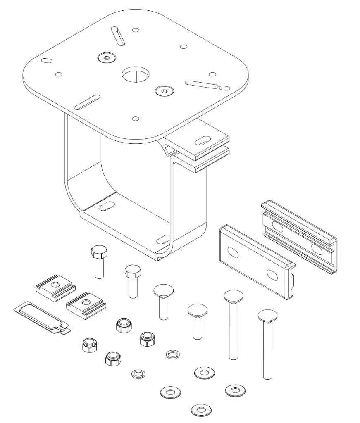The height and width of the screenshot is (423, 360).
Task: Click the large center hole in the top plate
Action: coord(136,75)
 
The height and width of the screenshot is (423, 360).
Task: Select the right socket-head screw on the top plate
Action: coord(164,91)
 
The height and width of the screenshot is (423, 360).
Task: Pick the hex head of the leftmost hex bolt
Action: coord(98,252)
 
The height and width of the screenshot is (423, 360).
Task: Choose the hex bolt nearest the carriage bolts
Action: coord(133,272)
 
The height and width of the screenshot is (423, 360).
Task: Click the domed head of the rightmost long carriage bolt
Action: coord(267,316)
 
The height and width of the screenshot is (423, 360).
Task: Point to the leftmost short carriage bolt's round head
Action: coord(163,291)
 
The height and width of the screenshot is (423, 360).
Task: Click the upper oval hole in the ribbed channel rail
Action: coord(277,227)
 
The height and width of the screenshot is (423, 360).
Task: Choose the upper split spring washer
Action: coord(172,354)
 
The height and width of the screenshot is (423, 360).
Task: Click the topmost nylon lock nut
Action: coord(124,325)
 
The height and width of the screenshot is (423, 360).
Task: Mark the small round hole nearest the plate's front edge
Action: coord(135,119)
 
